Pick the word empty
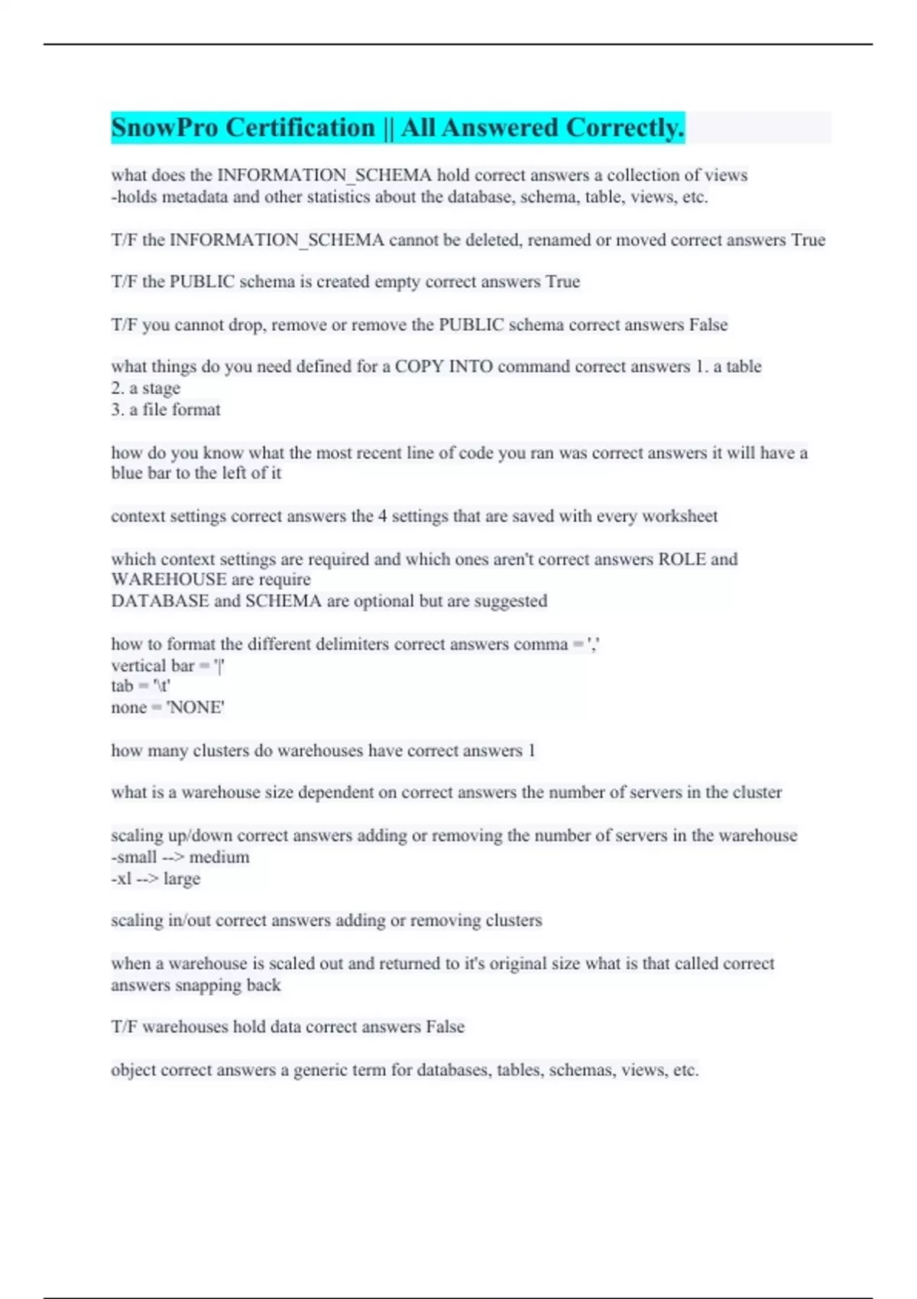pyautogui.click(x=397, y=282)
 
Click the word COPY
pyautogui.click(x=418, y=367)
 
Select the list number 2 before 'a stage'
pyautogui.click(x=117, y=388)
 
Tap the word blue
pyautogui.click(x=127, y=474)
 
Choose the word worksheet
pyautogui.click(x=679, y=517)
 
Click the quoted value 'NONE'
pyautogui.click(x=196, y=708)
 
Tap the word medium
pyautogui.click(x=219, y=857)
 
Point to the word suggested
pyautogui.click(x=510, y=601)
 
